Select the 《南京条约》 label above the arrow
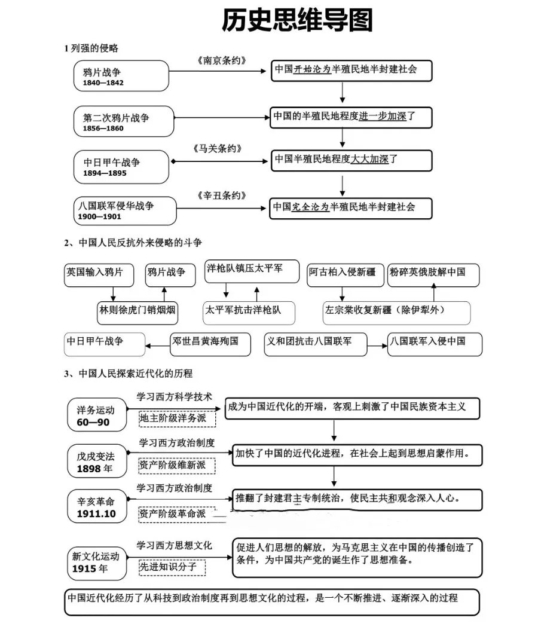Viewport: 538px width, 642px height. (x=221, y=60)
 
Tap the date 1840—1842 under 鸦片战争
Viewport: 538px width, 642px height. (x=103, y=82)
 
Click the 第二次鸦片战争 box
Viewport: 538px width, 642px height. (x=124, y=121)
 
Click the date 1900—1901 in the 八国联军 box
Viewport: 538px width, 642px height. (x=100, y=216)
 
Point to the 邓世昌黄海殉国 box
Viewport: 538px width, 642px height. (x=210, y=342)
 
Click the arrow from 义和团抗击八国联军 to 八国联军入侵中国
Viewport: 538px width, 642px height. (x=377, y=346)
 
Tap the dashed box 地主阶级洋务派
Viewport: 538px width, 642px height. (x=177, y=418)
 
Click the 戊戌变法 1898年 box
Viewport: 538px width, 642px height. (x=95, y=462)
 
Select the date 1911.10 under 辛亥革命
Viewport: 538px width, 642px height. (x=96, y=514)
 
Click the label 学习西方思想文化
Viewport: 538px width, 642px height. (x=175, y=546)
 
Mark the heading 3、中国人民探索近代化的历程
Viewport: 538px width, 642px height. (x=129, y=374)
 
